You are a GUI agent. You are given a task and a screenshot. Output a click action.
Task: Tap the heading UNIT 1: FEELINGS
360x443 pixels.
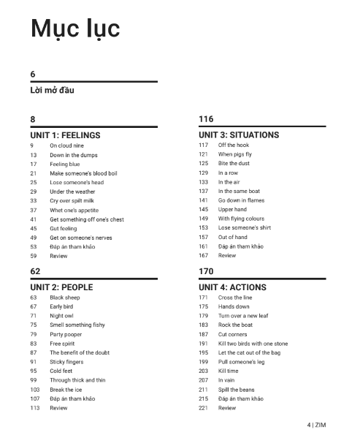[65, 135]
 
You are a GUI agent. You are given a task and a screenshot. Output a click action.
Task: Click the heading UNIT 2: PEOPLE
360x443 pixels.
[61, 287]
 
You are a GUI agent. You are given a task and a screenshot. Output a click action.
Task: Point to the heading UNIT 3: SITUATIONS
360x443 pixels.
[239, 135]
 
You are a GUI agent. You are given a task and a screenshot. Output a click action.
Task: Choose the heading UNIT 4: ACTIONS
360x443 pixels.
[232, 287]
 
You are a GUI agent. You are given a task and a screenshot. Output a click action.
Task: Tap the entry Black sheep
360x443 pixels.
[65, 298]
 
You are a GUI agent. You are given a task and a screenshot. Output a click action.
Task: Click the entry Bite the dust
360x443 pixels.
[234, 164]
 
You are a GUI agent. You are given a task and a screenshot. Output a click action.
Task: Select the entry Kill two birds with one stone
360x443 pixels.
[253, 344]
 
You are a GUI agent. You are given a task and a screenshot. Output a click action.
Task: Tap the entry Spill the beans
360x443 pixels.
[236, 390]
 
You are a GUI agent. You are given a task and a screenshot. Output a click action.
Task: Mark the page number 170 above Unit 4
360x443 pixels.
[206, 270]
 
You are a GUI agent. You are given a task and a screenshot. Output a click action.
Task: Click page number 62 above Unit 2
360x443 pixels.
[34, 270]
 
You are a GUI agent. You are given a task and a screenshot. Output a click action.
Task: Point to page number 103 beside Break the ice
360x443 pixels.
[34, 390]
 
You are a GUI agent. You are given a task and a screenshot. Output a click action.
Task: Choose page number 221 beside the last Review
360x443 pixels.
[203, 408]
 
